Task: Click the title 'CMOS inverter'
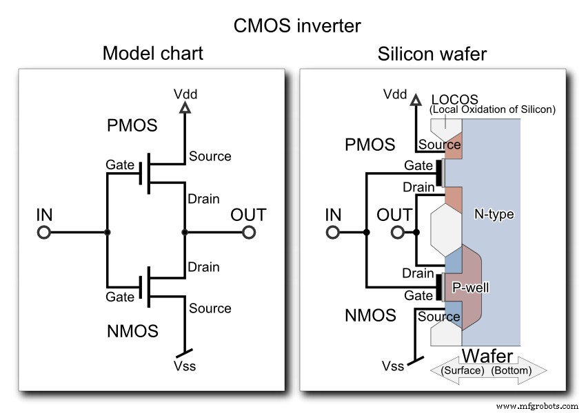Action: click(x=296, y=25)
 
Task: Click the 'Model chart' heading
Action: click(x=153, y=54)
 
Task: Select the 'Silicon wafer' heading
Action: click(x=432, y=54)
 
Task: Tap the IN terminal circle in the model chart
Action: click(x=43, y=233)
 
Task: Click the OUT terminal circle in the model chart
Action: click(x=249, y=233)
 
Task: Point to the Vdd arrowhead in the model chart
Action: click(x=184, y=108)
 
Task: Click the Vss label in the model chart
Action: click(x=184, y=366)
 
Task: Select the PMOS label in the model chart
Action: click(x=132, y=126)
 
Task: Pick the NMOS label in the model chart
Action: click(x=132, y=331)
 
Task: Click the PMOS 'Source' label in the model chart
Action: click(x=210, y=156)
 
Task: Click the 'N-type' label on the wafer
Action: click(x=494, y=215)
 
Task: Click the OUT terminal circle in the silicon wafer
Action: click(x=397, y=233)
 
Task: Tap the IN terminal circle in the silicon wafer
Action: click(x=333, y=233)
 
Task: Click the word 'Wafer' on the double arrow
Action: click(x=487, y=356)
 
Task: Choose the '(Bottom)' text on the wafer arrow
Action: click(x=512, y=370)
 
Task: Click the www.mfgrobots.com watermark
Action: click(x=536, y=407)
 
